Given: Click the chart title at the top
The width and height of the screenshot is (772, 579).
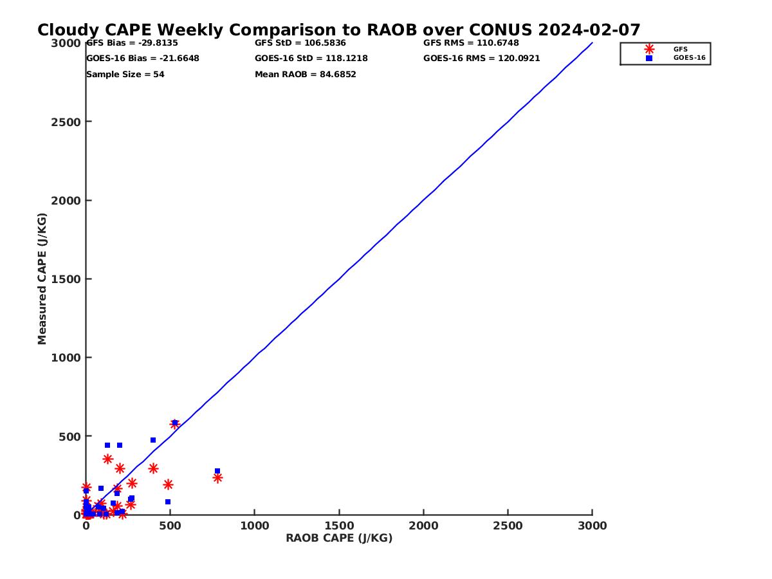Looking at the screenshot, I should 339,30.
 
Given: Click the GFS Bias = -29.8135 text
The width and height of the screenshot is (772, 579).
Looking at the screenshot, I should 132,43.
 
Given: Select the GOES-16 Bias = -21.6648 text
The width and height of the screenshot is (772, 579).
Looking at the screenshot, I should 143,59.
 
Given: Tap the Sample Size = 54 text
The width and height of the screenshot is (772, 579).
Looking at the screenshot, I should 125,75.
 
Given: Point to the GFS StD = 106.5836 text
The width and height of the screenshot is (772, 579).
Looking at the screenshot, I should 300,43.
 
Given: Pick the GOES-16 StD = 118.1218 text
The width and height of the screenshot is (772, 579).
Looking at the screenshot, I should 311,59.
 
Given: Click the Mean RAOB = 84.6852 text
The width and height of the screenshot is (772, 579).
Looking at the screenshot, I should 306,75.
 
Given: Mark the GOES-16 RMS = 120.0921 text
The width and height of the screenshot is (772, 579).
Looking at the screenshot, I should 482,59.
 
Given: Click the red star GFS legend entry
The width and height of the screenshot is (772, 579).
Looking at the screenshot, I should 649,49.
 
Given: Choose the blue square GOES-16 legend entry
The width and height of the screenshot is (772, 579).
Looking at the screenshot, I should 649,58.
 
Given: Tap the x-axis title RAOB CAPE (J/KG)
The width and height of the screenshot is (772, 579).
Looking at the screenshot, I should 339,538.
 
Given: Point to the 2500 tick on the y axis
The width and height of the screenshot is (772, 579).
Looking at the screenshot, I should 66,122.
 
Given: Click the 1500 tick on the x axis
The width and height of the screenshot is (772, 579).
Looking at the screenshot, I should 339,526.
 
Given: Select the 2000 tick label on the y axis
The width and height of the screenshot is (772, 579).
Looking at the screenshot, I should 66,201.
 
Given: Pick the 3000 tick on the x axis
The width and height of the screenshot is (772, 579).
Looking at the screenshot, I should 592,526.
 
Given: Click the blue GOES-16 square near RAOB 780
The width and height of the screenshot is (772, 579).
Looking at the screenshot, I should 217,471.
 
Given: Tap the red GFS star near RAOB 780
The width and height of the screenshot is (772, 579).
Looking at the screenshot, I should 217,478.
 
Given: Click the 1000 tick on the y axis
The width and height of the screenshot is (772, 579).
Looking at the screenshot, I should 66,358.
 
